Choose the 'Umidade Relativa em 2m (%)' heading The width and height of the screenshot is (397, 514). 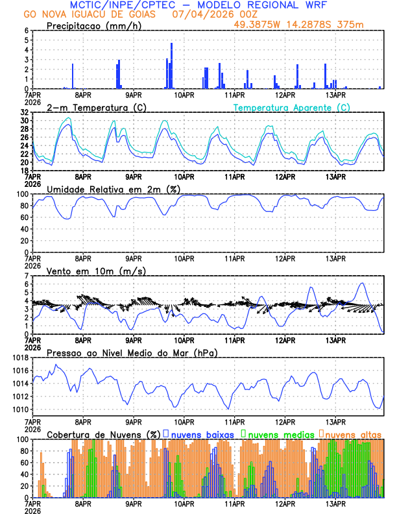(x=112, y=189)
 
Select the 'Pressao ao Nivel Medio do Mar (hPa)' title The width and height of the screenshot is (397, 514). (x=132, y=352)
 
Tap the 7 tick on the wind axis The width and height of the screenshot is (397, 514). (x=27, y=276)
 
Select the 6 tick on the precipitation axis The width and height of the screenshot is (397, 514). (x=27, y=31)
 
